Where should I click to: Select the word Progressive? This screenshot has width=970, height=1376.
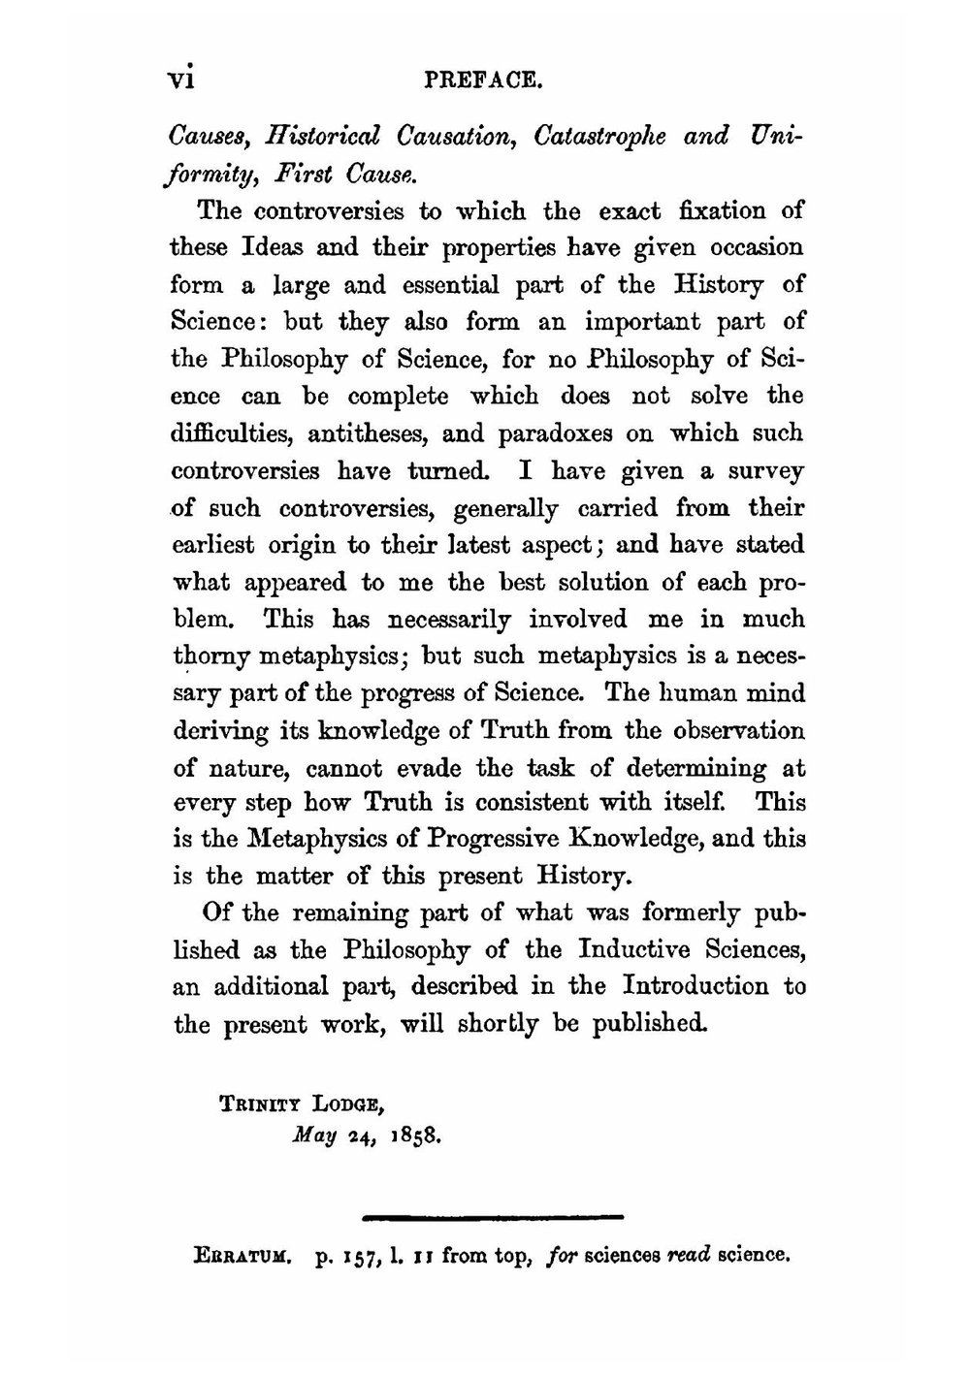494,839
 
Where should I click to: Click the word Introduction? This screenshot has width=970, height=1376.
695,986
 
